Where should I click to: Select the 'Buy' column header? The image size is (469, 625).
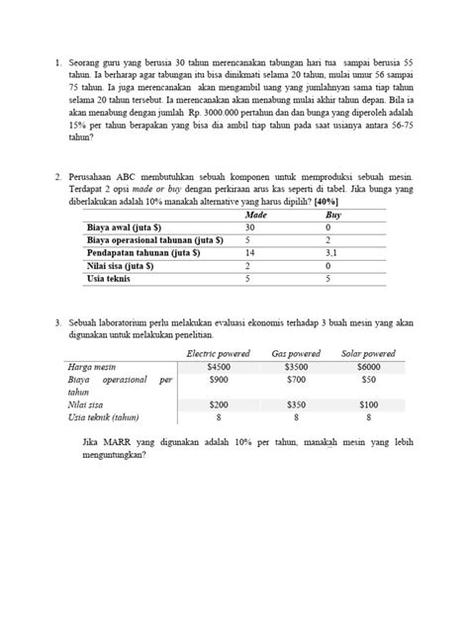coord(333,214)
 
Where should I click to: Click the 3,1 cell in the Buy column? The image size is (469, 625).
coord(333,253)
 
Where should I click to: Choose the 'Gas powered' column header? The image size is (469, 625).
coord(297,353)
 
